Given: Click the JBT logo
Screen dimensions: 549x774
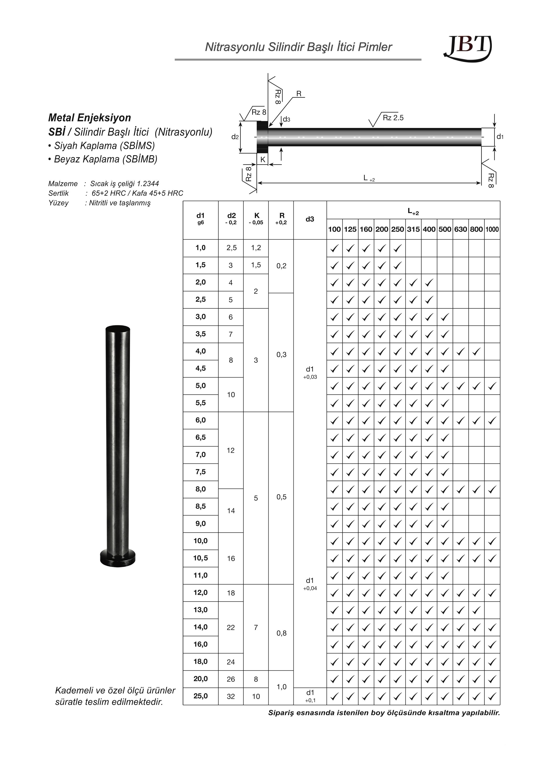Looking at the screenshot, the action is pos(467,48).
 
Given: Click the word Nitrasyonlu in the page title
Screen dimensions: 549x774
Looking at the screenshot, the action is pos(235,47).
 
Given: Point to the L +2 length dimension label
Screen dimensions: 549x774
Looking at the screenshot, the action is pos(369,178).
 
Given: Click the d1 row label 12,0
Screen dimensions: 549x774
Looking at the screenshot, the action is pos(200,593).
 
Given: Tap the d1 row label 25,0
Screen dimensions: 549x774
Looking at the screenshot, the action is pos(200,696).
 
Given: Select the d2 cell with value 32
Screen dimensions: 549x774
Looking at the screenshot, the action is pos(231,696).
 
